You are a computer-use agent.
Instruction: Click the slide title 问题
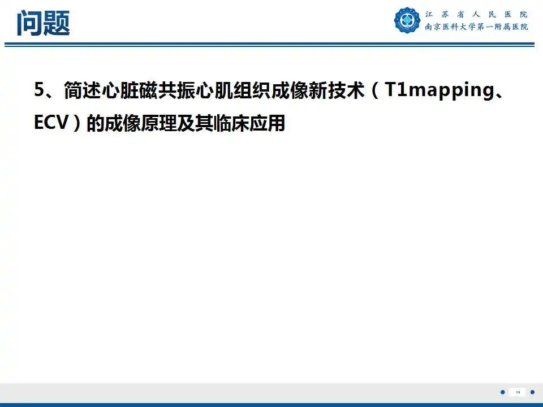43,23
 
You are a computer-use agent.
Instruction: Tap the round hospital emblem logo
407,20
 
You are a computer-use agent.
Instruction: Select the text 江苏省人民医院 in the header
477,14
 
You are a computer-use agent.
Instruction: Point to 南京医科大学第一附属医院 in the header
477,27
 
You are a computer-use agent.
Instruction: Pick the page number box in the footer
518,392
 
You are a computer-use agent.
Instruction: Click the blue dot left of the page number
502,392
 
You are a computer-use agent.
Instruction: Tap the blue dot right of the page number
533,392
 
